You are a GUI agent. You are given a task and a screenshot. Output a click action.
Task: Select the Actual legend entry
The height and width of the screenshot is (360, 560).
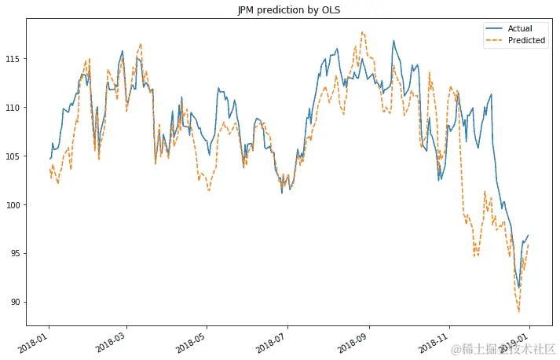(x=519, y=29)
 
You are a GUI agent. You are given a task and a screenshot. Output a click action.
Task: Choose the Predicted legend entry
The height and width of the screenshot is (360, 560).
(x=525, y=41)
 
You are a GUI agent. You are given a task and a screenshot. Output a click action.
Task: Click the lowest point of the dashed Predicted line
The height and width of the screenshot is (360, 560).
(x=519, y=312)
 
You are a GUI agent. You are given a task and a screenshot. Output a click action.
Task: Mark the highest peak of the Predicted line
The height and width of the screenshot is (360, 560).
(x=362, y=32)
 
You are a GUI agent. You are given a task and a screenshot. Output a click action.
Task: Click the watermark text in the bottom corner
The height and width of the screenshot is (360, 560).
(x=509, y=347)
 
